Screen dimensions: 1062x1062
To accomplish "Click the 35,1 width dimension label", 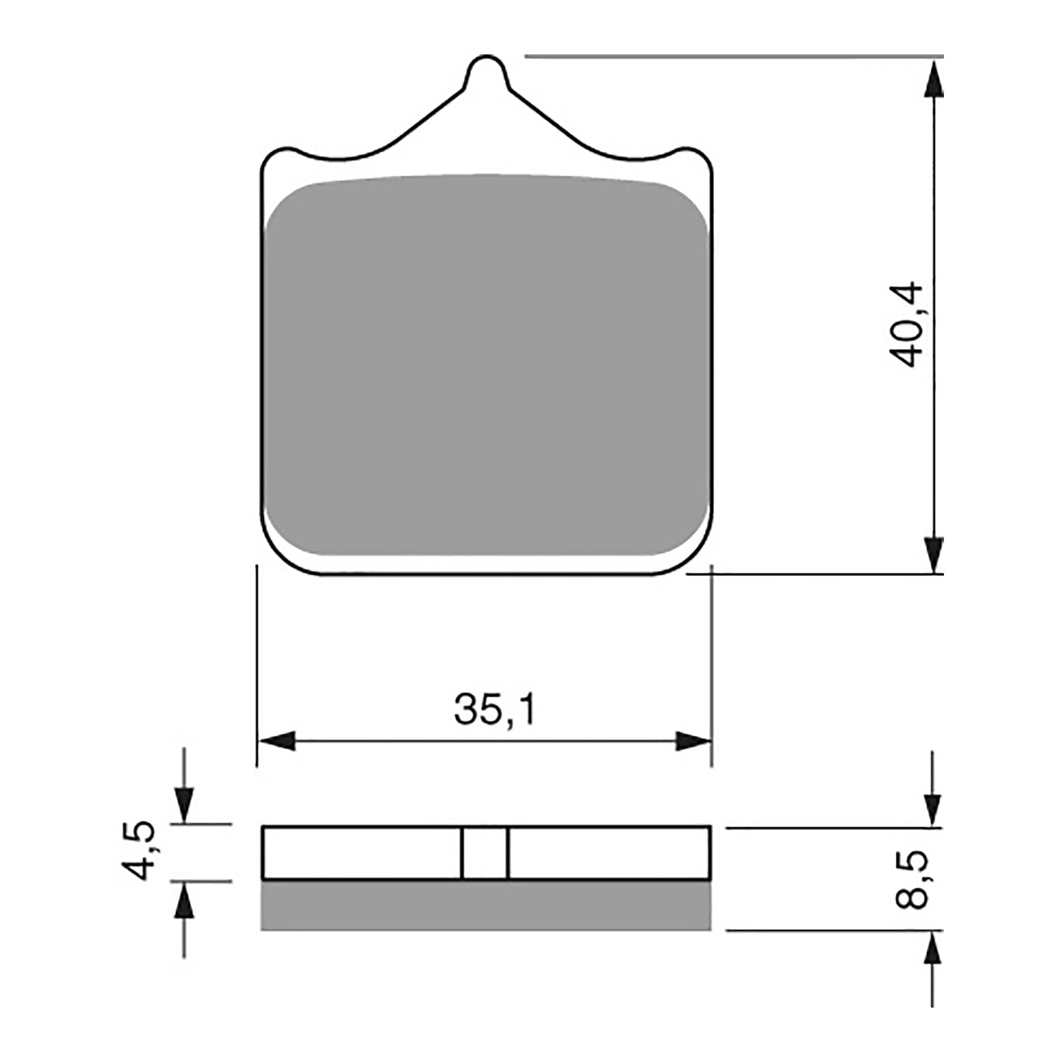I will [x=494, y=710].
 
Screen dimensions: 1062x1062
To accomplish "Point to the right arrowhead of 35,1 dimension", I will [x=693, y=741].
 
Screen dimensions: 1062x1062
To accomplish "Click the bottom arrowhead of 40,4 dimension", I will [x=934, y=554].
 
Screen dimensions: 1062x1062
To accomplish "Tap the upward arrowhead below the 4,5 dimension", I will [x=185, y=901].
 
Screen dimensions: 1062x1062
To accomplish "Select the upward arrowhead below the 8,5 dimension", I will [x=933, y=948].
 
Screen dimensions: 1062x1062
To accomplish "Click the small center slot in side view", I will [x=485, y=853].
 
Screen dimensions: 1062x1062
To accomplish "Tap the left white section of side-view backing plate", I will [x=362, y=853].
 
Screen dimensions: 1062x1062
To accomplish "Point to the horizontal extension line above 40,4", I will [x=730, y=56].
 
